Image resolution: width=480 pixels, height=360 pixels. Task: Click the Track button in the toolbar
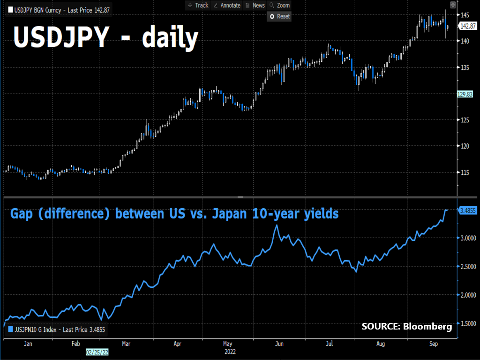(198, 5)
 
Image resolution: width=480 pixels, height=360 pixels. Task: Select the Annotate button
(226, 5)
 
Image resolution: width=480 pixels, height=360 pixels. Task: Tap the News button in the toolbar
(255, 5)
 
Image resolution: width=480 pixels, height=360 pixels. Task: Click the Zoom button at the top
(280, 5)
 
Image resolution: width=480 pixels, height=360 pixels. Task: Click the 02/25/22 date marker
(96, 351)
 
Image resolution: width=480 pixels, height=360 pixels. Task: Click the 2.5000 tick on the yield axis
(467, 267)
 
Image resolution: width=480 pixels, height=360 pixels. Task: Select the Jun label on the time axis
(279, 344)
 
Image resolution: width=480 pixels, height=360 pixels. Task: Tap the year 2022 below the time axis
(230, 351)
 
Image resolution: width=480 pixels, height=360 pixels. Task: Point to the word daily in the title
(169, 37)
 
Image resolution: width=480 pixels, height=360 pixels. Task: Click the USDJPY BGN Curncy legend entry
(56, 9)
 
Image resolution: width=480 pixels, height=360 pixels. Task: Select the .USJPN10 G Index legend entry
(56, 330)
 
